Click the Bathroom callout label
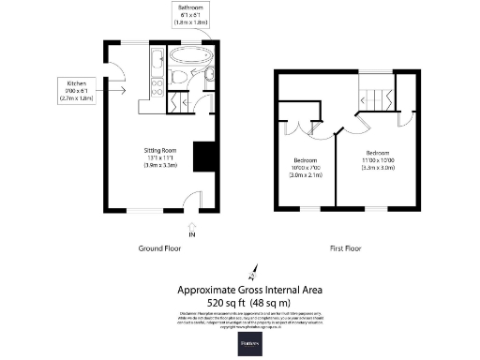[192, 15]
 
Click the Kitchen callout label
[76, 90]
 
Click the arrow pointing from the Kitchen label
[118, 91]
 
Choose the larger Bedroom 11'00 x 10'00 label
[378, 159]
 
